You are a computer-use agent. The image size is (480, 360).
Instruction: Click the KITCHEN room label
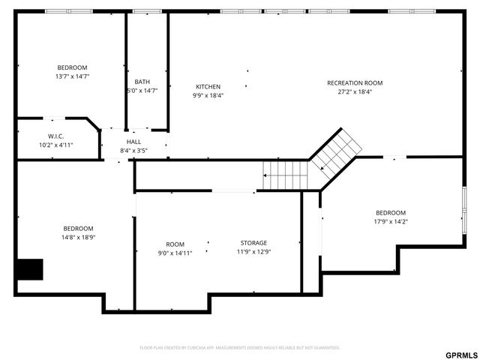pos(208,86)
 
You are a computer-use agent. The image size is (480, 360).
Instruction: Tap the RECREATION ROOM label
pos(355,82)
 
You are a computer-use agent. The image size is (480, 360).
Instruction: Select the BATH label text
pos(142,82)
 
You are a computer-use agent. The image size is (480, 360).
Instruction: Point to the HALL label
pos(133,142)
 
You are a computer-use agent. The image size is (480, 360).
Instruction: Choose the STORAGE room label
pos(253,243)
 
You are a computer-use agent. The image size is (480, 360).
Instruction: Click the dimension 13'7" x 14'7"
pos(72,76)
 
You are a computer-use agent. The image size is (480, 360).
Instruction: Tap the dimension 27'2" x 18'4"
pos(355,91)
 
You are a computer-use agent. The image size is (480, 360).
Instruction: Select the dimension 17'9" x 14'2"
pos(391,221)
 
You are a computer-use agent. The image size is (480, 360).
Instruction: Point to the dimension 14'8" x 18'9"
pos(78,237)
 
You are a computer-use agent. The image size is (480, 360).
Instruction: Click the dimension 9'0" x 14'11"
pos(175,253)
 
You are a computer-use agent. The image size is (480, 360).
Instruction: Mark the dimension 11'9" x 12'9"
pos(253,252)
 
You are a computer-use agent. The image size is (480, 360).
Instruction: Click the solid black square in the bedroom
pos(30,268)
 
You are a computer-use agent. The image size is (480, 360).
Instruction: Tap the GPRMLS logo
pos(460,354)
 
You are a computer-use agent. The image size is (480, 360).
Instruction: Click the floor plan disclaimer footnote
pos(240,347)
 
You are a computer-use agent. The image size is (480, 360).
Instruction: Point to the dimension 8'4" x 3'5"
pos(133,151)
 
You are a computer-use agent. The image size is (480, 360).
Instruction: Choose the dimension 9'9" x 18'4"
pos(208,95)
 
